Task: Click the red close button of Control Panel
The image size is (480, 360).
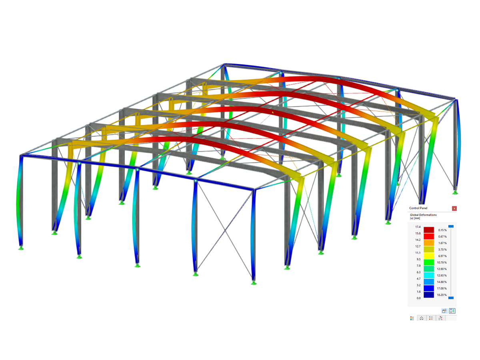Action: point(454,208)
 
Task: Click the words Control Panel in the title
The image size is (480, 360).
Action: point(418,208)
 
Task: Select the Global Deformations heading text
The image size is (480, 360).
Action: point(423,215)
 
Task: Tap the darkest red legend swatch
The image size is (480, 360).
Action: point(429,230)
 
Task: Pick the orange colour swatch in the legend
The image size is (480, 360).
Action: point(429,243)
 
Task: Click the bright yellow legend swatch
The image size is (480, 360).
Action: point(429,256)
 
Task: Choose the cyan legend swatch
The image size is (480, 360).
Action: point(429,276)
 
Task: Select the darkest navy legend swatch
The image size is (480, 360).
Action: point(429,295)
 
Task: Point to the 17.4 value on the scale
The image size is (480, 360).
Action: point(418,227)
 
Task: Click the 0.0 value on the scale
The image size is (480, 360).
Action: point(418,298)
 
